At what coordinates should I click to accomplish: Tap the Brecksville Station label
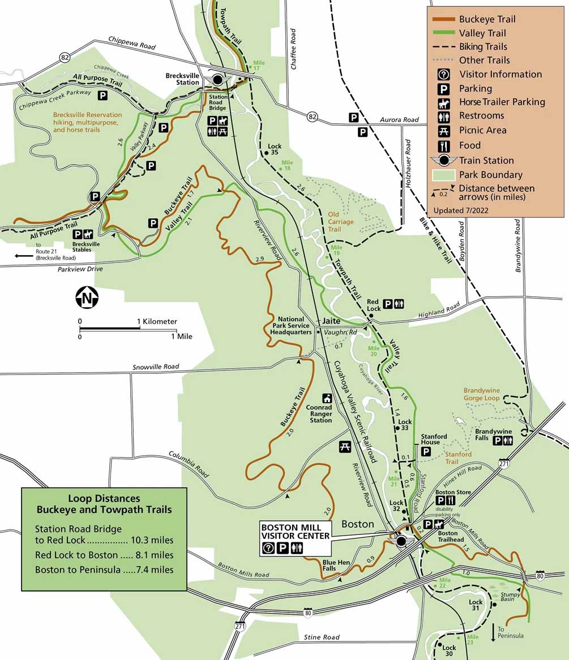point(182,79)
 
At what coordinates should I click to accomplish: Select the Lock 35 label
point(274,149)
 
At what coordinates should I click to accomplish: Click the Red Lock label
point(374,305)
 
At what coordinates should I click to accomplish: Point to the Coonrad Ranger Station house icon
point(327,398)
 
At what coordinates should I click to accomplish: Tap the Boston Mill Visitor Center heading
point(294,531)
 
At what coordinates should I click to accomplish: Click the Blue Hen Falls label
point(321,565)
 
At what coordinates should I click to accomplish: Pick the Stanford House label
point(434,439)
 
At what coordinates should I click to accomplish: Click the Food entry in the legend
point(470,145)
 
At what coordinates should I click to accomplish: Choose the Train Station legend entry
point(486,160)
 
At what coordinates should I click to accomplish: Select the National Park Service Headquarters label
point(294,325)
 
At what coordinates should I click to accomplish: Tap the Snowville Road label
point(156,367)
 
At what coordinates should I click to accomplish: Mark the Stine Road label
point(322,637)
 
